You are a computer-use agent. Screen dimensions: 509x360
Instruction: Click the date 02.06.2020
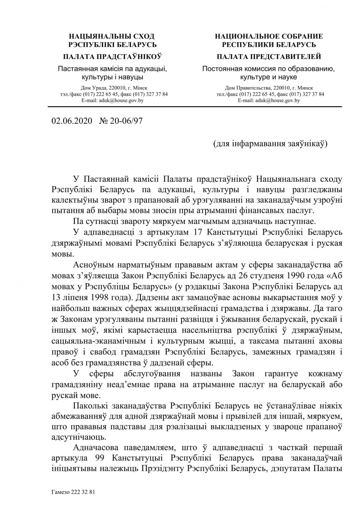point(71,121)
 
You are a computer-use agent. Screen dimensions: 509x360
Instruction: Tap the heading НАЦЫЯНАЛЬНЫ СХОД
point(112,36)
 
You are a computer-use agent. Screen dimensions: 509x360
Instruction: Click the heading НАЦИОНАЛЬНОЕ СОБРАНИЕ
point(269,36)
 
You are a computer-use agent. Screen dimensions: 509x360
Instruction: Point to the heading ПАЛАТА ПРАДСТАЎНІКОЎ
point(112,56)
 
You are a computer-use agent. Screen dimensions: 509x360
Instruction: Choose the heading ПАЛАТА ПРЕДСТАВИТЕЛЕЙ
point(269,56)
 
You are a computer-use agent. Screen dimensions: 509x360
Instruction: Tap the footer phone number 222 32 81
point(84,492)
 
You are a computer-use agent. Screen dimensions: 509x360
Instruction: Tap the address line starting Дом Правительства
point(269,88)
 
